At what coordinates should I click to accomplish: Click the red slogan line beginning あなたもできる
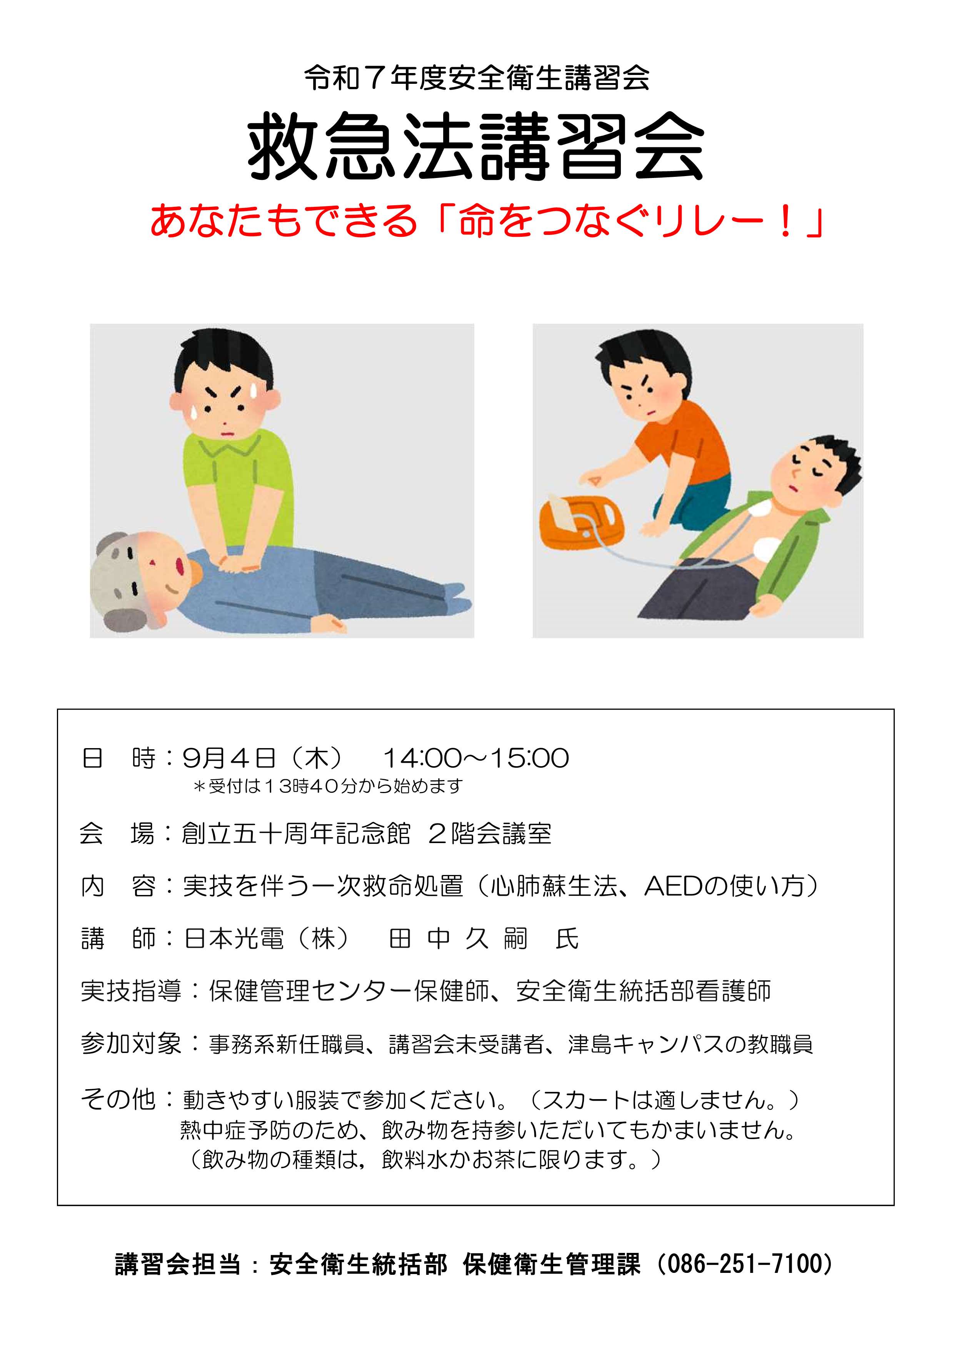click(487, 221)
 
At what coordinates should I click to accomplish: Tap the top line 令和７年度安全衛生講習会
click(477, 78)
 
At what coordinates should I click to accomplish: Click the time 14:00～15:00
click(476, 758)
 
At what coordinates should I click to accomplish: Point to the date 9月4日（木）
click(262, 758)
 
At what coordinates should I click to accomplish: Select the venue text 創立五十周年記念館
click(296, 833)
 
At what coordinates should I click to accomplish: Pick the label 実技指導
click(130, 992)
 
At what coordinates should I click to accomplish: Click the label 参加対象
click(130, 1044)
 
